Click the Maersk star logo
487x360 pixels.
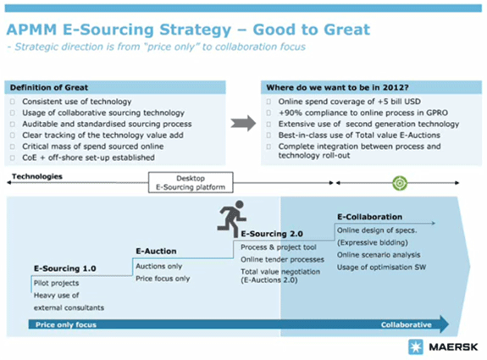tap(416, 347)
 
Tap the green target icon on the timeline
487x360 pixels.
tap(400, 183)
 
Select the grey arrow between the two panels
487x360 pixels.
tap(243, 124)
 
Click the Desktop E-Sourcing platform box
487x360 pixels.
tap(191, 183)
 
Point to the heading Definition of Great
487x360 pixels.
tap(49, 87)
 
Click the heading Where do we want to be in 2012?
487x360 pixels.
tap(337, 87)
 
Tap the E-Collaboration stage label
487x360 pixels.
tap(369, 217)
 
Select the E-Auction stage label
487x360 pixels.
tap(156, 251)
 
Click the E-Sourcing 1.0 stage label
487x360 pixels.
tap(65, 269)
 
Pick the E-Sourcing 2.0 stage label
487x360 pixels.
tap(272, 234)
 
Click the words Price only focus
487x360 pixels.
tap(66, 325)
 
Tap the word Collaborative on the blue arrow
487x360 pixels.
tap(407, 325)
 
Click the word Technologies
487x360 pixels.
tap(37, 176)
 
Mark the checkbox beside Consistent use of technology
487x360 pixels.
tap(13, 102)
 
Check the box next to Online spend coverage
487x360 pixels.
tap(268, 102)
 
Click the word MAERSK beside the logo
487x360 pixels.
tap(453, 347)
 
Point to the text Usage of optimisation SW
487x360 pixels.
tap(381, 268)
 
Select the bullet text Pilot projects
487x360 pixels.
tap(56, 283)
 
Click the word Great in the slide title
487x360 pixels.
tap(347, 30)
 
